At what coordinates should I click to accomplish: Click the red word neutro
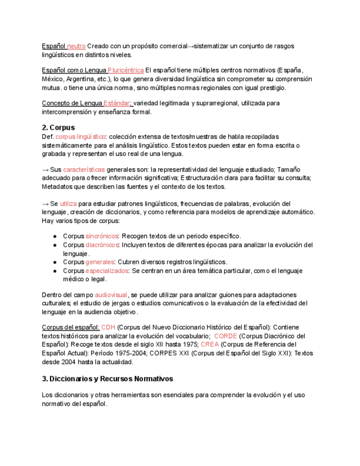click(76, 46)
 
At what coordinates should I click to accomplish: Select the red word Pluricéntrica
click(126, 70)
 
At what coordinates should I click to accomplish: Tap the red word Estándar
click(117, 103)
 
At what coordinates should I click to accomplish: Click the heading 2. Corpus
click(58, 127)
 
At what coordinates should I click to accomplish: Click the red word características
click(84, 170)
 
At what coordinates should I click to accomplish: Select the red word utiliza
click(68, 203)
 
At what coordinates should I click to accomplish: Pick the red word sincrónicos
click(102, 236)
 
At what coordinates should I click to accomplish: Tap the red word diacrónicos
click(102, 245)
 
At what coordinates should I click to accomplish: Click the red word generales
click(99, 262)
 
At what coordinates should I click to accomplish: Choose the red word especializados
click(107, 271)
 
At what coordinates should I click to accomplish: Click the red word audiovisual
click(111, 295)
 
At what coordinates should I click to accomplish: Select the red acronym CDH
click(108, 328)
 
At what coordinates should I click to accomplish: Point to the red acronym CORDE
click(225, 336)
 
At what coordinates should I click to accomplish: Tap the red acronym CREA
click(209, 345)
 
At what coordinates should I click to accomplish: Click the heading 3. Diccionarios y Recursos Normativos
click(107, 379)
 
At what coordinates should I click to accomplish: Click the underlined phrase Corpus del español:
click(70, 328)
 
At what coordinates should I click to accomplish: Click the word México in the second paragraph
click(53, 79)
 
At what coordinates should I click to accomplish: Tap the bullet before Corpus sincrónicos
click(56, 236)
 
